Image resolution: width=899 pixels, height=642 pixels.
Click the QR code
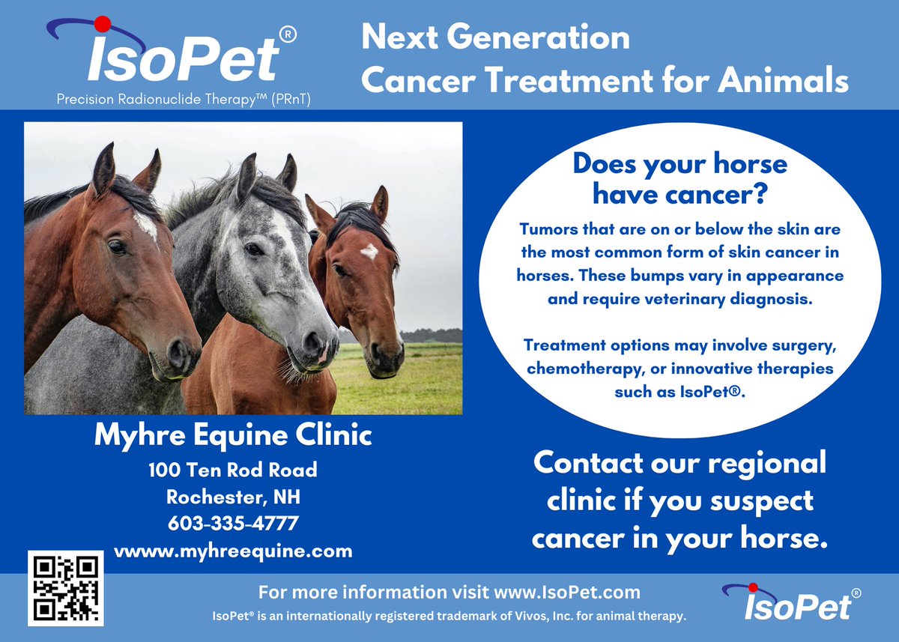65,588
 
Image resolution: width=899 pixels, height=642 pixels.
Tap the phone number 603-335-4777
233,523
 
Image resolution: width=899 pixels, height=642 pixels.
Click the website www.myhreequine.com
233,551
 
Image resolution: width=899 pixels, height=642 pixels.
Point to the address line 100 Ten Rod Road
233,470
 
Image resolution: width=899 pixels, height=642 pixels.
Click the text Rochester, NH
233,497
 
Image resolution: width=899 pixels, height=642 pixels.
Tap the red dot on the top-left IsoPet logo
103,24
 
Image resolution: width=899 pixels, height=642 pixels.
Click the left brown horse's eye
116,246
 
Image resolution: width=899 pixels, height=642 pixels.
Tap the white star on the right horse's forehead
369,251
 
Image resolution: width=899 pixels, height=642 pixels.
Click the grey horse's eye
253,249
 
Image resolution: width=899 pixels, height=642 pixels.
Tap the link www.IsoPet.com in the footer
567,593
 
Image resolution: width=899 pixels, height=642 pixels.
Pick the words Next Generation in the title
495,37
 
